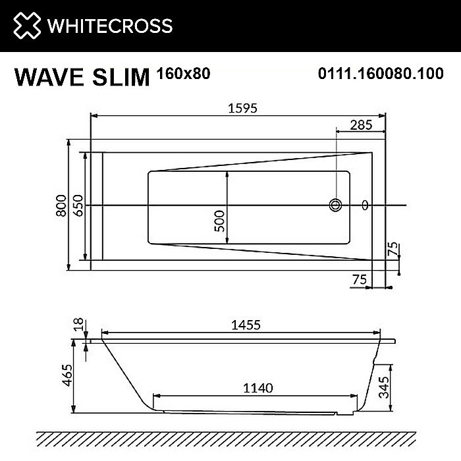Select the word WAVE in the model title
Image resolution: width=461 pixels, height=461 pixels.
pos(49,76)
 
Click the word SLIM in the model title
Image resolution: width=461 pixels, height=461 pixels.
pos(120,76)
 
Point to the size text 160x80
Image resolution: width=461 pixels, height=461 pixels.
pos(184,74)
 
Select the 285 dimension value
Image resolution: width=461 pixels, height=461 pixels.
pos(360,124)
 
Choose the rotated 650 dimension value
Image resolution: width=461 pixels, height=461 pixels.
pos(78,206)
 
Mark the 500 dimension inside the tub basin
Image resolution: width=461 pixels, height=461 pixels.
pos(220,217)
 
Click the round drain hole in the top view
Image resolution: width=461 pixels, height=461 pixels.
pos(336,205)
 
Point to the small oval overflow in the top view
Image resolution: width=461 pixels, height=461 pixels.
pos(366,205)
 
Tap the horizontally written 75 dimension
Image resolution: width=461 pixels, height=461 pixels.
pos(359,280)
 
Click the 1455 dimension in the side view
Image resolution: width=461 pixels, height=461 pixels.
pos(245,325)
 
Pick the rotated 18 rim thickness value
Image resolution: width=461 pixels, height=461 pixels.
pos(78,323)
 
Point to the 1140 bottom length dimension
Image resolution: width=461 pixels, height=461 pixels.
pos(257,388)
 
